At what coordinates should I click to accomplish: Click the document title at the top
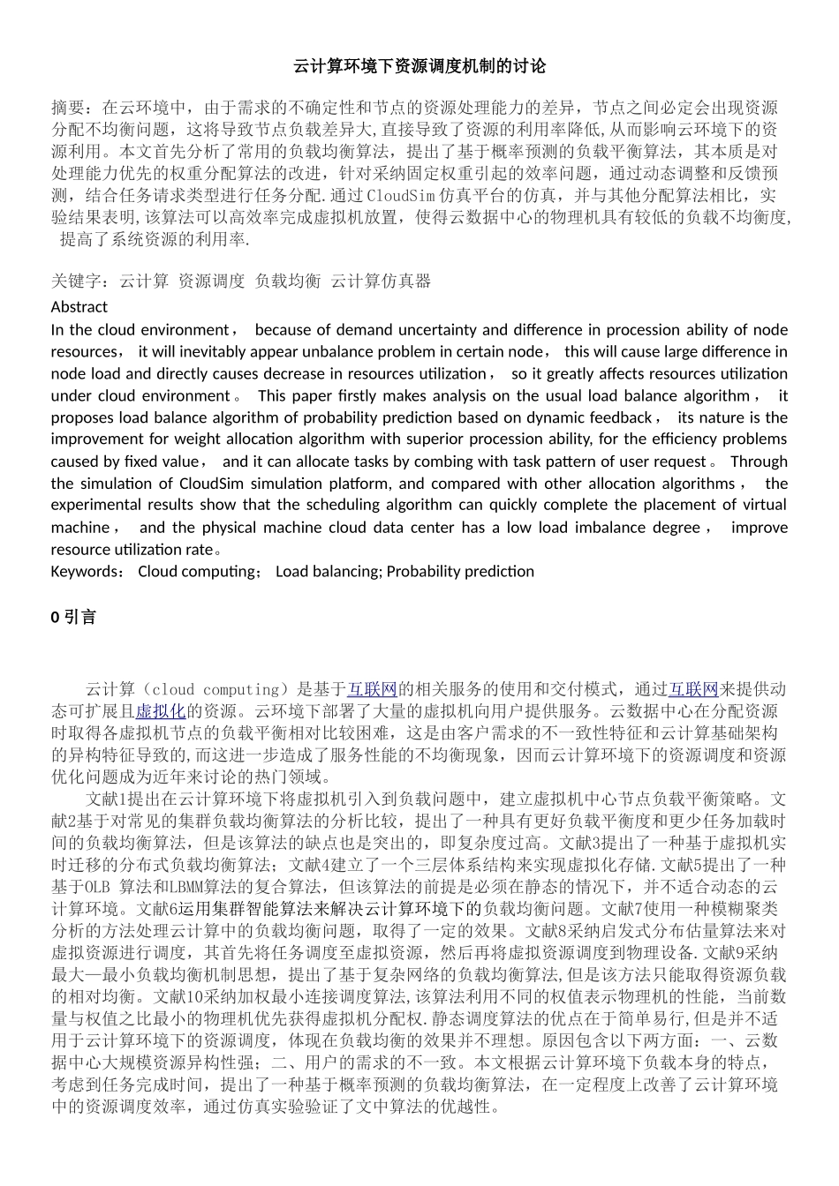coord(419,66)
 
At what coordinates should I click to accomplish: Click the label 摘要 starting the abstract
coord(68,108)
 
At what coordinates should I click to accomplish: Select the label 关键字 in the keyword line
coord(76,281)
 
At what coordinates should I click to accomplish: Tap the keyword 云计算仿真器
coord(381,281)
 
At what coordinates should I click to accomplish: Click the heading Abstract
coord(79,307)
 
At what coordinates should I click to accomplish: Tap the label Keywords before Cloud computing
coord(87,571)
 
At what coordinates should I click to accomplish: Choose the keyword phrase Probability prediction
coord(460,571)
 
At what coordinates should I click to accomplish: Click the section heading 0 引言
coord(73,618)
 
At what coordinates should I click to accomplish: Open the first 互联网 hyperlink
coord(372,689)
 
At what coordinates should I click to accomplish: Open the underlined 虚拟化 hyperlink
coord(160,711)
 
